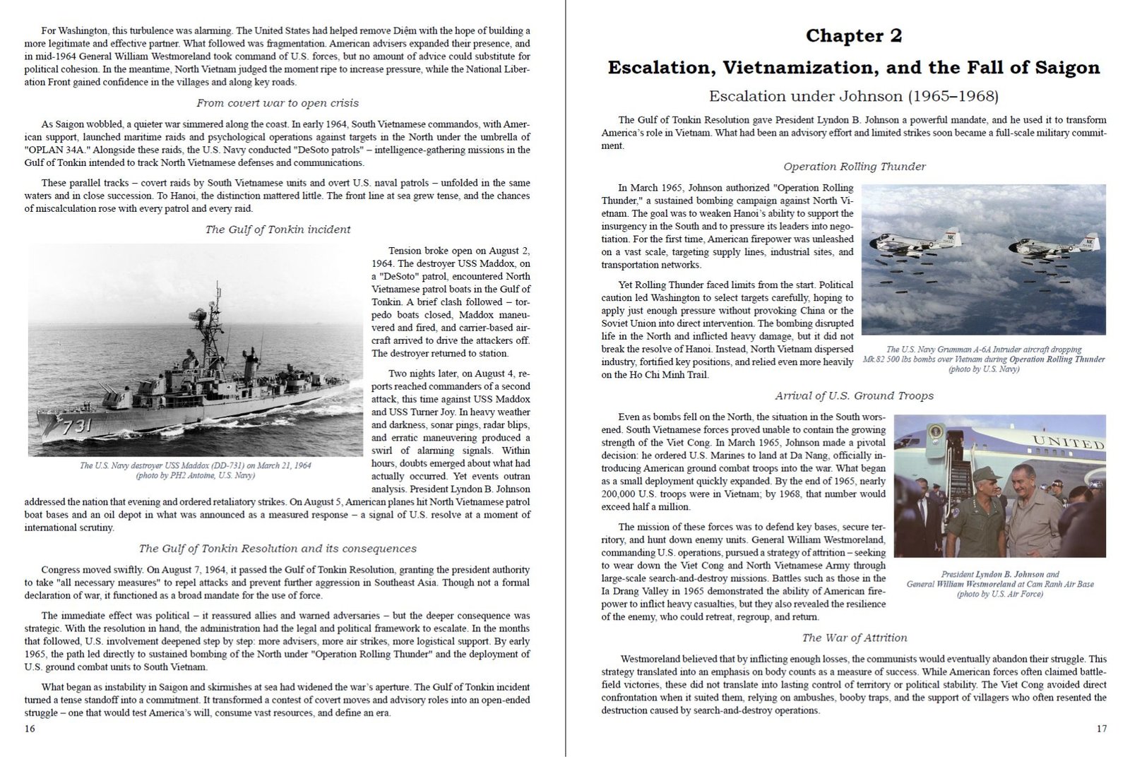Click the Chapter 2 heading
click(x=853, y=36)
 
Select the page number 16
click(x=30, y=729)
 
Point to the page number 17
click(x=1102, y=729)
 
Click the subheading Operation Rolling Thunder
click(x=854, y=167)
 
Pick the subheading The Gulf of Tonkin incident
click(x=278, y=230)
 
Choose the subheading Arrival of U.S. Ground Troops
click(x=854, y=396)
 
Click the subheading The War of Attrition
click(x=854, y=638)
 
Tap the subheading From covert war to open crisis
click(x=278, y=103)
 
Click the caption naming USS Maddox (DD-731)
click(x=196, y=465)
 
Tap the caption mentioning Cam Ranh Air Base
click(x=999, y=584)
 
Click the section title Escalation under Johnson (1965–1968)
click(x=853, y=96)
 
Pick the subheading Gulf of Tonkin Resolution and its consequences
click(x=278, y=549)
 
